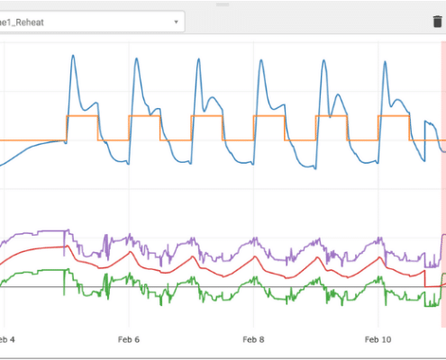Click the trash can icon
pyautogui.click(x=425, y=21)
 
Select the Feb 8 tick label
pyautogui.click(x=253, y=339)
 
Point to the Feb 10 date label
pyautogui.click(x=378, y=339)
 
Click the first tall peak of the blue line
pyautogui.click(x=73, y=56)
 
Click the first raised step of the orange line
pyautogui.click(x=83, y=116)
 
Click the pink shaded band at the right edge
pyautogui.click(x=442, y=180)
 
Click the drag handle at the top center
pyautogui.click(x=223, y=4)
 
